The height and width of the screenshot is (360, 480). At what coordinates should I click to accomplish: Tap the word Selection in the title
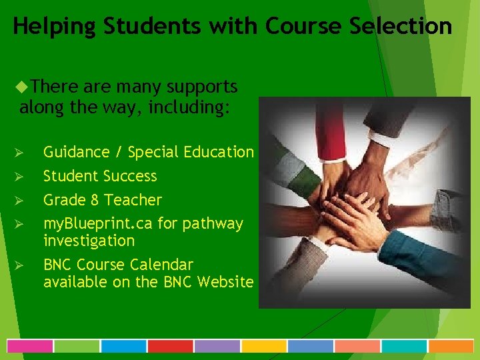[406, 27]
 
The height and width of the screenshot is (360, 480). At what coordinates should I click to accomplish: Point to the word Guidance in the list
[76, 152]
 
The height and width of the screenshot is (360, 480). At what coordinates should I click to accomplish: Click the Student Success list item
[100, 176]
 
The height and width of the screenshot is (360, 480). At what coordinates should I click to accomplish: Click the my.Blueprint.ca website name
[98, 223]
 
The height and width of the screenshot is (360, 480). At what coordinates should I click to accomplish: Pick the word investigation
[89, 240]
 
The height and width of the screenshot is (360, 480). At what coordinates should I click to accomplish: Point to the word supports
[201, 87]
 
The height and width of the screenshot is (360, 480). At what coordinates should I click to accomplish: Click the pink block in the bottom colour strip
[30, 346]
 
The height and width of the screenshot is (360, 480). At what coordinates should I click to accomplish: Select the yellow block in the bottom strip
[263, 346]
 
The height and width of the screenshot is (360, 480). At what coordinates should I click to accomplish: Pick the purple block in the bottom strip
[217, 346]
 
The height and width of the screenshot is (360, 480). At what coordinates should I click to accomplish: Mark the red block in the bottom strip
[170, 346]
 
